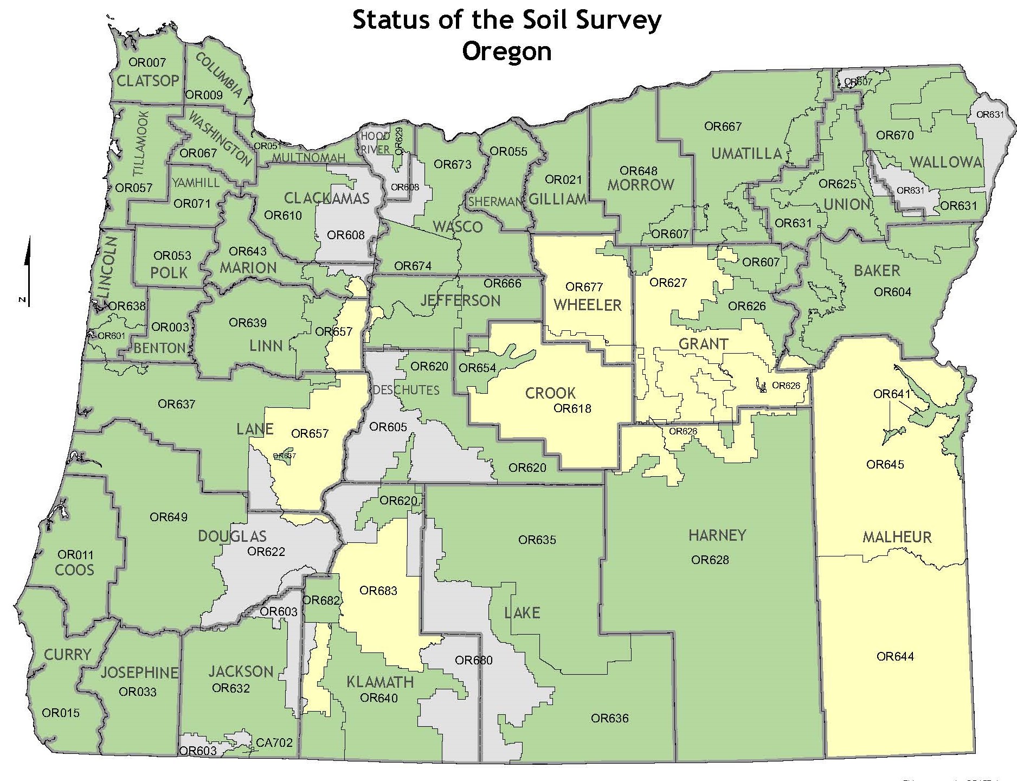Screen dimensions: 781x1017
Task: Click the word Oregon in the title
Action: point(506,52)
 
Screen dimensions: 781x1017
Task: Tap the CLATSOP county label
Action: point(147,81)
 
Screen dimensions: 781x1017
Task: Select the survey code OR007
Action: point(147,63)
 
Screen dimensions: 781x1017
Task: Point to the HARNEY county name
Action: point(717,535)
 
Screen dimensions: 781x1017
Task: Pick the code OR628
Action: point(710,560)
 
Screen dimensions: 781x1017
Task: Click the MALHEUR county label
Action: point(897,537)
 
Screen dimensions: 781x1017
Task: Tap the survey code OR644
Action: point(895,657)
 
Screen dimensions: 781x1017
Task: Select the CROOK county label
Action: point(550,393)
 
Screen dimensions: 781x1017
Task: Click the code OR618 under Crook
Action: point(572,408)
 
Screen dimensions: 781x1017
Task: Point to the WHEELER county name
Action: point(587,305)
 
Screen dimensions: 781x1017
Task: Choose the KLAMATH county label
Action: point(380,682)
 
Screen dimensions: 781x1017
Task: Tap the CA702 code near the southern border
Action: point(274,742)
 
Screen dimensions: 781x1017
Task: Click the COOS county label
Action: point(74,570)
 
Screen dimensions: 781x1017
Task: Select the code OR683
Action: point(378,591)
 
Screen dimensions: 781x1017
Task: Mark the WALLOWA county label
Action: point(945,162)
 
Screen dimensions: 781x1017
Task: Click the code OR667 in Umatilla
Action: point(723,126)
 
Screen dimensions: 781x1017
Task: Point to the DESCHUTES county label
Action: point(405,390)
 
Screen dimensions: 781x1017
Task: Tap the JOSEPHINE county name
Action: point(139,673)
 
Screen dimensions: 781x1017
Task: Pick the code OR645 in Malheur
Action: point(885,464)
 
